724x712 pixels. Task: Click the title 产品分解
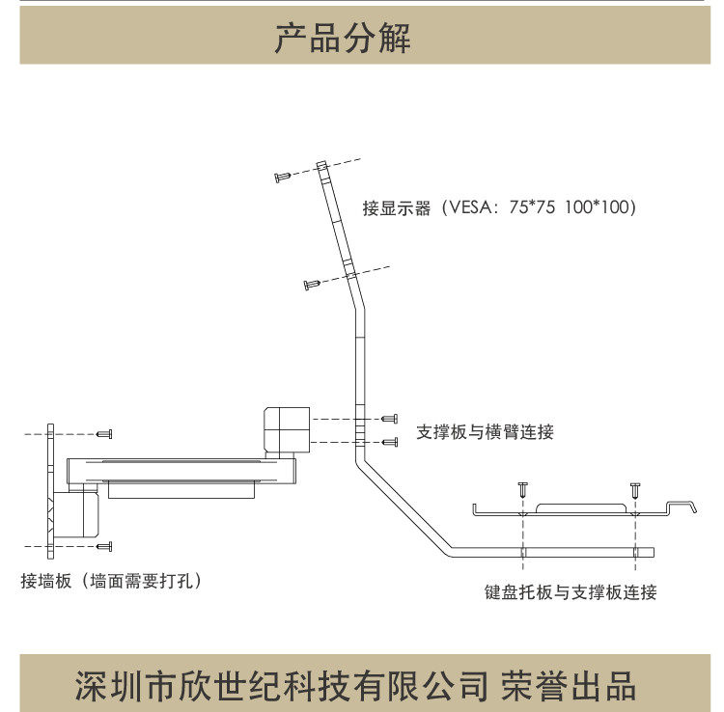pyautogui.click(x=343, y=39)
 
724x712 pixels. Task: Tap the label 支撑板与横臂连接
pyautogui.click(x=485, y=431)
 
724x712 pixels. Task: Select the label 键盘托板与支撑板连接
pyautogui.click(x=571, y=591)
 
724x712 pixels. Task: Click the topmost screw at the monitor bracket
pyautogui.click(x=284, y=176)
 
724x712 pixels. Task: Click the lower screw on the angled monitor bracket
pyautogui.click(x=312, y=284)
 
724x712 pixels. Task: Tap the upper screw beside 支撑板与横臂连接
pyautogui.click(x=390, y=419)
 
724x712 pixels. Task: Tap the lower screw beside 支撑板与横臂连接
pyautogui.click(x=390, y=442)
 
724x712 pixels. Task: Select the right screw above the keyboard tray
pyautogui.click(x=635, y=488)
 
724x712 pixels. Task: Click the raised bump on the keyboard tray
pyautogui.click(x=578, y=507)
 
